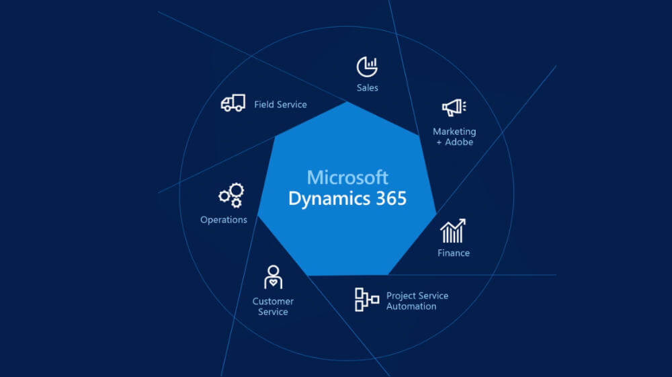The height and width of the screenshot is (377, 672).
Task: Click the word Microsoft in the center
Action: pyautogui.click(x=347, y=177)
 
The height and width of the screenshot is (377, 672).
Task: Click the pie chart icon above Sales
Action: pyautogui.click(x=367, y=67)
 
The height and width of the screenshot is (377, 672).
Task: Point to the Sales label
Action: pyautogui.click(x=368, y=88)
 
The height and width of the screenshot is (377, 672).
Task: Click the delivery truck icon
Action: pyautogui.click(x=233, y=103)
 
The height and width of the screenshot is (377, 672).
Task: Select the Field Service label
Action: pyautogui.click(x=280, y=105)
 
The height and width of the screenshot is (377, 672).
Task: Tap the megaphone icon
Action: pyautogui.click(x=454, y=107)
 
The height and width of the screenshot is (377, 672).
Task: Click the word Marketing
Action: pyautogui.click(x=454, y=132)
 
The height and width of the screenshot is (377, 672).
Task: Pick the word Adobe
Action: pyautogui.click(x=459, y=142)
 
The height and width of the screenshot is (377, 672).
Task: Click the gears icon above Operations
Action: pyautogui.click(x=231, y=195)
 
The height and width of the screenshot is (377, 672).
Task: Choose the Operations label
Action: pyautogui.click(x=224, y=220)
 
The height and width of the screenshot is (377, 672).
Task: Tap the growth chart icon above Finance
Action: pyautogui.click(x=453, y=231)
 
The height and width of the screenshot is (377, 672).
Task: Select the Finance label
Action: pyautogui.click(x=454, y=253)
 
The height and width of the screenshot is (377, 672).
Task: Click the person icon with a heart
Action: pyautogui.click(x=273, y=277)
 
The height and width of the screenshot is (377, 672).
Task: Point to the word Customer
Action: pyautogui.click(x=273, y=301)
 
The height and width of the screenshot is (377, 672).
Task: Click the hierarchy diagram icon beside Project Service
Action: pyautogui.click(x=367, y=300)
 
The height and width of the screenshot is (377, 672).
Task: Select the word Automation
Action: pyautogui.click(x=411, y=306)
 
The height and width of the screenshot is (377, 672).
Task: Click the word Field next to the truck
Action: pyautogui.click(x=263, y=105)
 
